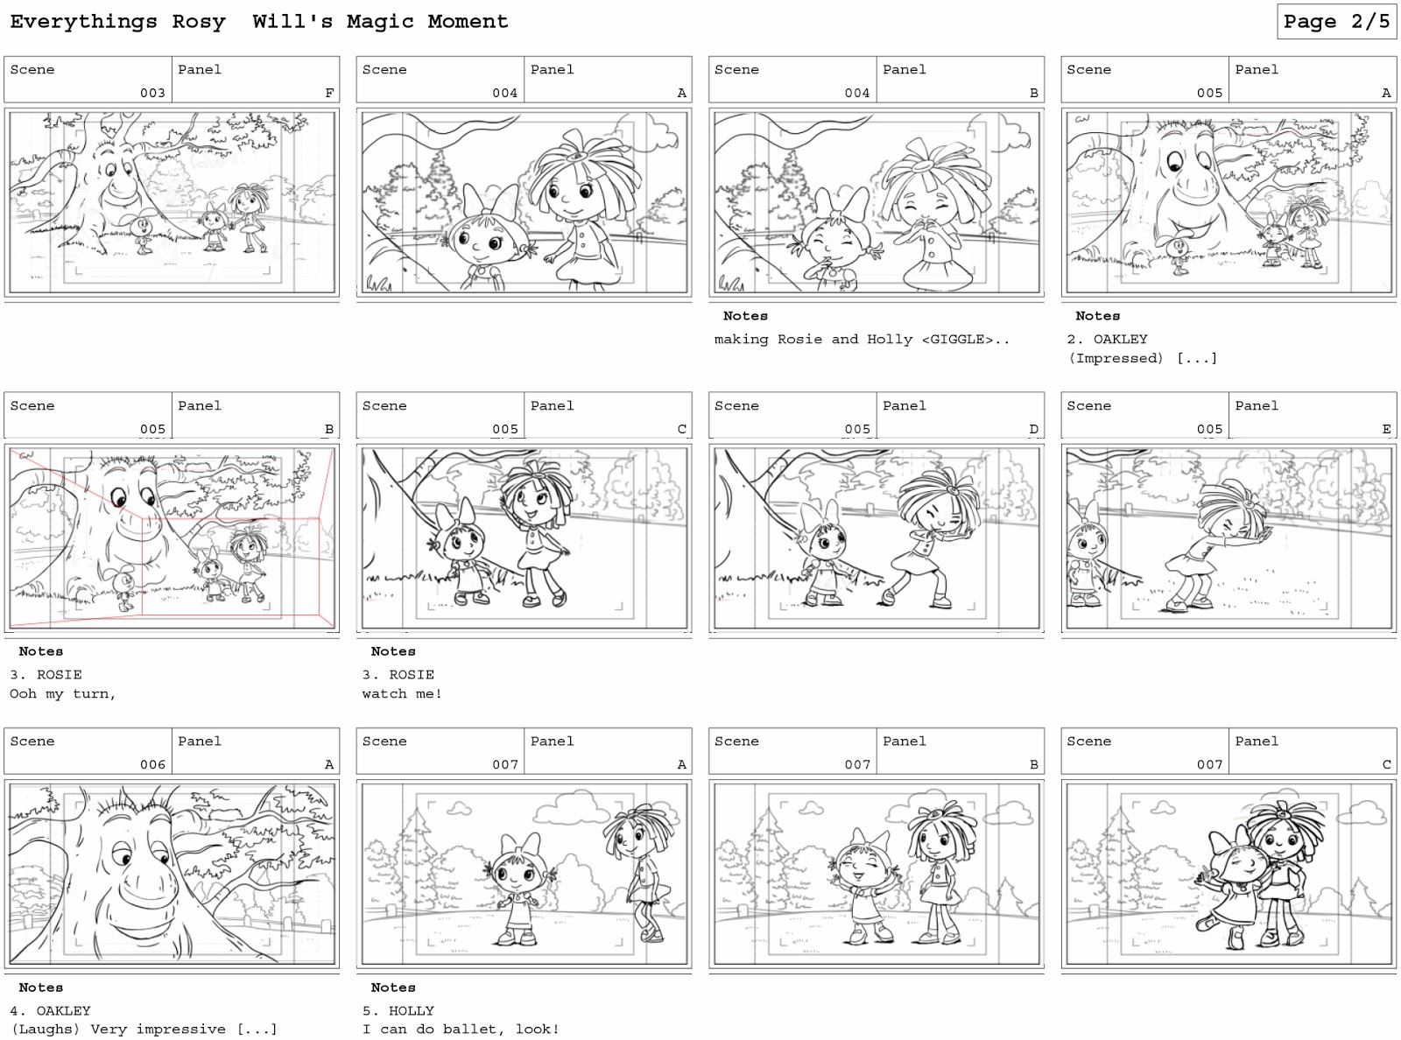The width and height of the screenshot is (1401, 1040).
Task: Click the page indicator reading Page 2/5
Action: click(1336, 22)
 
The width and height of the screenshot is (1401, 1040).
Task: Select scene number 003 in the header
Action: click(152, 93)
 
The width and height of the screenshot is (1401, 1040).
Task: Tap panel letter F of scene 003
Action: click(329, 93)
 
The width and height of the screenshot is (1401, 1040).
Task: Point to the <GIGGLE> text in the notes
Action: click(957, 340)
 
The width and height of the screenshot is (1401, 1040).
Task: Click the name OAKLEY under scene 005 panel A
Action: click(1120, 340)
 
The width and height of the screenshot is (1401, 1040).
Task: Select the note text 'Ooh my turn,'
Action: click(63, 694)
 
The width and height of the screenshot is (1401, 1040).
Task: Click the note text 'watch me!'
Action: click(402, 694)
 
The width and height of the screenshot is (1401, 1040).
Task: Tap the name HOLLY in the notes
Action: click(412, 1011)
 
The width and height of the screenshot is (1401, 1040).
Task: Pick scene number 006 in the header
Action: click(152, 764)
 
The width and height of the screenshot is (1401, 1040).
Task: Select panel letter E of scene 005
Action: click(1386, 429)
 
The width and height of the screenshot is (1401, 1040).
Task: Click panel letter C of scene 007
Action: click(1386, 764)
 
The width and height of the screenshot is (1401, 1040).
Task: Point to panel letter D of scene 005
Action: click(1033, 429)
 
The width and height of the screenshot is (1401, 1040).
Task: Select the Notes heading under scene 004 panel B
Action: click(745, 316)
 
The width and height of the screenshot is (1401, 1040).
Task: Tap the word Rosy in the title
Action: click(199, 22)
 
